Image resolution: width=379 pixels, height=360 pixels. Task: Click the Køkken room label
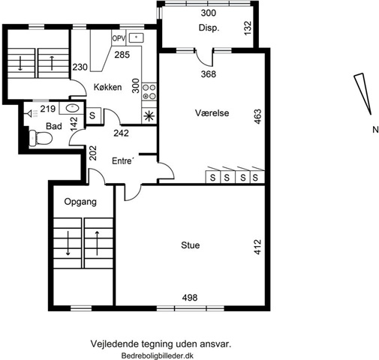click(x=107, y=87)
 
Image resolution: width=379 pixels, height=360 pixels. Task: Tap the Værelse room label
click(x=212, y=113)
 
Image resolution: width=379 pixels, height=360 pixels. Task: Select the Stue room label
click(x=191, y=245)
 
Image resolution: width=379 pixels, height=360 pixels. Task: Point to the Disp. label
click(x=209, y=28)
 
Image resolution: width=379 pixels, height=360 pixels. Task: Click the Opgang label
click(x=80, y=202)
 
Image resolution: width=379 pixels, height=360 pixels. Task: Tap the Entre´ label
click(x=123, y=160)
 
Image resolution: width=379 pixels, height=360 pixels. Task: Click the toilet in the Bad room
click(x=41, y=138)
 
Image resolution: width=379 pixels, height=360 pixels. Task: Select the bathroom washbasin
click(x=72, y=109)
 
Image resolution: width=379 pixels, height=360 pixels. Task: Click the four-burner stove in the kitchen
click(x=149, y=92)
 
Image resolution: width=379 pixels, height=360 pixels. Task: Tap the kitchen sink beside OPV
click(x=137, y=37)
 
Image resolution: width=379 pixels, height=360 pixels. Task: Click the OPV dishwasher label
click(x=119, y=38)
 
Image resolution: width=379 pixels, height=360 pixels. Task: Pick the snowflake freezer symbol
click(x=149, y=116)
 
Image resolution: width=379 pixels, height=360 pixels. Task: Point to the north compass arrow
click(x=362, y=94)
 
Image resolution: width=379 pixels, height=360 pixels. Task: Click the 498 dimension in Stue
click(x=190, y=298)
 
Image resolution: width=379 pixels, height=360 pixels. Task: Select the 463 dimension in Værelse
click(x=257, y=116)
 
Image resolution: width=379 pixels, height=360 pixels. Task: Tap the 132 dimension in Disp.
click(x=247, y=28)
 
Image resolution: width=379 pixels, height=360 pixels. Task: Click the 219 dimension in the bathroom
click(x=48, y=109)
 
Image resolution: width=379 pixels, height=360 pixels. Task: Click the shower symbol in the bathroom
click(x=32, y=114)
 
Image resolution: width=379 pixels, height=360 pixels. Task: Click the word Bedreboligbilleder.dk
click(x=158, y=355)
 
